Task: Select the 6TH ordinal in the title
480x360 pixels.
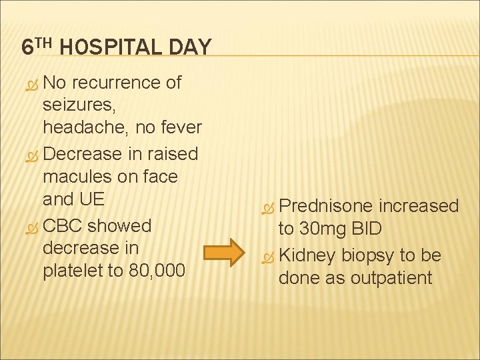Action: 37,47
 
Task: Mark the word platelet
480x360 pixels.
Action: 73,271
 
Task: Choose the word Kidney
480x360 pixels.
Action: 307,255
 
